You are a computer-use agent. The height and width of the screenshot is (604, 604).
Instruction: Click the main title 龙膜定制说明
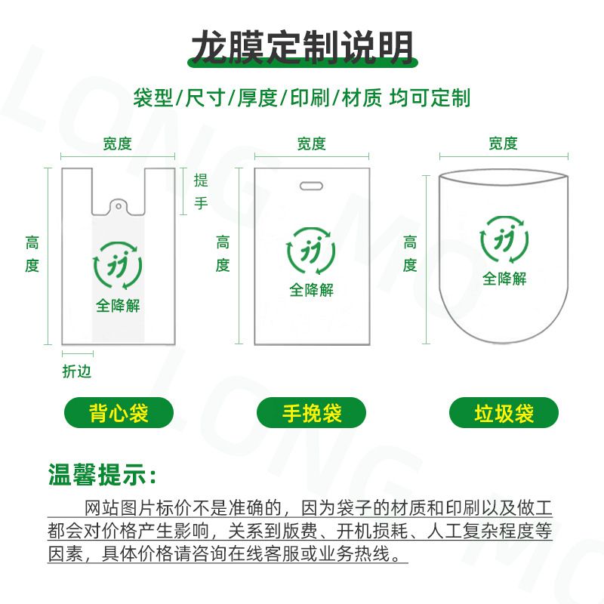[x=303, y=48]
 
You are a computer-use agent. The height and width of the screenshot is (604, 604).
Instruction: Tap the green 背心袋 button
[x=119, y=413]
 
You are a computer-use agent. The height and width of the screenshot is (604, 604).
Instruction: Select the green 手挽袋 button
[x=311, y=413]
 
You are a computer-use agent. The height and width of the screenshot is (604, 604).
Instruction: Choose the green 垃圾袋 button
[x=504, y=413]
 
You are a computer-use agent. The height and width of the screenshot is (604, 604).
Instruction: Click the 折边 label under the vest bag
[x=77, y=371]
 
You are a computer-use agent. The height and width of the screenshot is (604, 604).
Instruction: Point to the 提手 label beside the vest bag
[x=201, y=192]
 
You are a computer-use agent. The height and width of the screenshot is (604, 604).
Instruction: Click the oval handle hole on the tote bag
[x=311, y=186]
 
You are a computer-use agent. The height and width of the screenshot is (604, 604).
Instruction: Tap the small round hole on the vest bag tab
[x=119, y=206]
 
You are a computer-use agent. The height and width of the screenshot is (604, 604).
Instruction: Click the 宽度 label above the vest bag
[x=118, y=143]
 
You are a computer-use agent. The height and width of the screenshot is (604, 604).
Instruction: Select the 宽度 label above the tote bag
[x=312, y=143]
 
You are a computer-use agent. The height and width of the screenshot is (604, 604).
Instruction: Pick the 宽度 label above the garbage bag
[x=503, y=143]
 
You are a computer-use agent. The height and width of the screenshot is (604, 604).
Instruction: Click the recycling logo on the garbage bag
[x=504, y=239]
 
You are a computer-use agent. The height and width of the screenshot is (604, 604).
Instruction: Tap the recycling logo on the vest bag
[x=118, y=266]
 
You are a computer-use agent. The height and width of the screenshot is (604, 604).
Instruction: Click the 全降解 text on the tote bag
[x=312, y=290]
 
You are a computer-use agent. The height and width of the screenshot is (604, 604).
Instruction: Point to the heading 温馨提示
[x=102, y=475]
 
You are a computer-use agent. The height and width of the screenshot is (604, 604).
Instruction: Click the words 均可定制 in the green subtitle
[x=430, y=97]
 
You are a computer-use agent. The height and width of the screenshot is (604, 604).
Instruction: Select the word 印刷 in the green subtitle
[x=310, y=97]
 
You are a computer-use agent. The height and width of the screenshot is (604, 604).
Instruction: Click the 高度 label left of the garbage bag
[x=410, y=254]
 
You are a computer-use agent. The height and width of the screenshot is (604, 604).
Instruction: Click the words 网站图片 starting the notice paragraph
[x=120, y=508]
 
